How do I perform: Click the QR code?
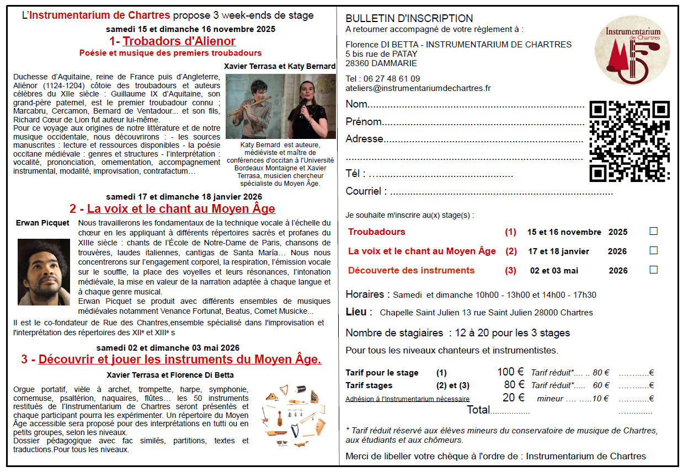[x=629, y=141]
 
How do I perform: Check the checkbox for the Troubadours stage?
[x=653, y=232]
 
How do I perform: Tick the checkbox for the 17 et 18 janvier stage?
[x=653, y=250]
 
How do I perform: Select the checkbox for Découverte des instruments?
[x=653, y=270]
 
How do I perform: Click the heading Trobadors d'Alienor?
[x=179, y=41]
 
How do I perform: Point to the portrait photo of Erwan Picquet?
[x=44, y=272]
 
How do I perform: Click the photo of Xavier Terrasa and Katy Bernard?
[x=280, y=106]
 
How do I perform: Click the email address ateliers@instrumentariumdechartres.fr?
[x=418, y=88]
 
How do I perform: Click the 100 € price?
[x=510, y=372]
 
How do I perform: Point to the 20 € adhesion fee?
[x=513, y=398]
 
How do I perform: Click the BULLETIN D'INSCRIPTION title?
[x=409, y=19]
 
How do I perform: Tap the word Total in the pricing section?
[x=478, y=410]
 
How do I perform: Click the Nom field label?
[x=356, y=105]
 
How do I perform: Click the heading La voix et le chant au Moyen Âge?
[x=181, y=209]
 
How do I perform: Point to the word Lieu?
[x=356, y=312]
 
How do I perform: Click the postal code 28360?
[x=359, y=63]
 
